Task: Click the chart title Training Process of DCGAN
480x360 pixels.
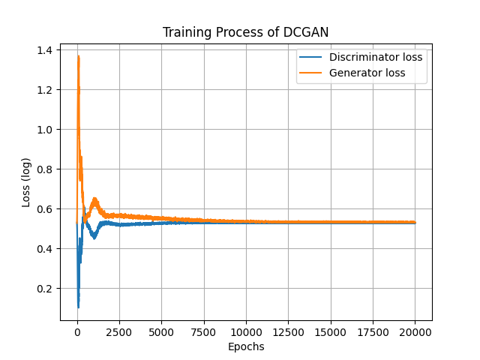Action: tap(246, 32)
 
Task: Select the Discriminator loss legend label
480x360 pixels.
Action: tap(376, 57)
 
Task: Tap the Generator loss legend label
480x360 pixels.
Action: tap(367, 73)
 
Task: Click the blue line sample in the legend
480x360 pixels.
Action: tap(311, 57)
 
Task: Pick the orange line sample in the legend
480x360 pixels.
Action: tap(311, 73)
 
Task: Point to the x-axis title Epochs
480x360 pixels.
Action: tap(246, 346)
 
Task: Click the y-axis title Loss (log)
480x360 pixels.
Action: tap(27, 182)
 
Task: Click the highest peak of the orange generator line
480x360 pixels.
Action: tap(78, 56)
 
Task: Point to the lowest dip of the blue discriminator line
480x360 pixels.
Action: tap(78, 307)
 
